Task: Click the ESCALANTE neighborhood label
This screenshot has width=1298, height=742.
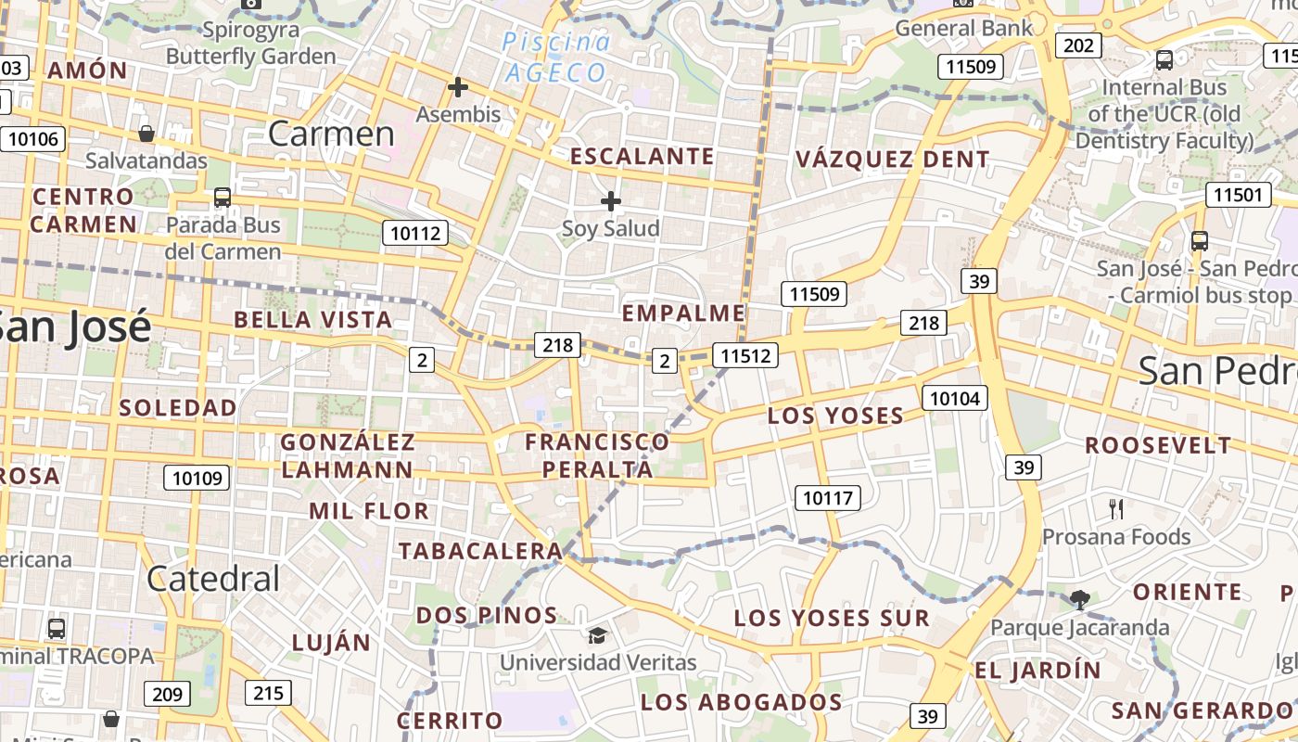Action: [642, 157]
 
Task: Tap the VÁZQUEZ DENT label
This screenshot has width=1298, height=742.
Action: [893, 160]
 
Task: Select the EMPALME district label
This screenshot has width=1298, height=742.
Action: [683, 313]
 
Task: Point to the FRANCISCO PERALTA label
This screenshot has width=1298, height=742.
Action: [597, 455]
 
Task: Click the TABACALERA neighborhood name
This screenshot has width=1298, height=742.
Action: [480, 551]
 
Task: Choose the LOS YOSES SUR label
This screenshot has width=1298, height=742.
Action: [831, 618]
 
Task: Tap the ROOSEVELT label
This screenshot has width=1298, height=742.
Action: [1158, 445]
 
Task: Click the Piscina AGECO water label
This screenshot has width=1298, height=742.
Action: [556, 58]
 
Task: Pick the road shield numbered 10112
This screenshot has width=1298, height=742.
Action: [415, 233]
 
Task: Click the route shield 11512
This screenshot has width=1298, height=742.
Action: [744, 354]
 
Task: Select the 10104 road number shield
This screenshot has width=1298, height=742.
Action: [954, 399]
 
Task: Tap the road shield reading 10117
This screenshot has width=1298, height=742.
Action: [827, 498]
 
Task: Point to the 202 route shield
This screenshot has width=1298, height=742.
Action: [1078, 45]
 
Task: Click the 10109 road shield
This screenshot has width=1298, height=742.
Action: [197, 479]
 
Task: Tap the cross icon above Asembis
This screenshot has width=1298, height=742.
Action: [458, 88]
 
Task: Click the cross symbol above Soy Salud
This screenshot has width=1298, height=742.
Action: [611, 201]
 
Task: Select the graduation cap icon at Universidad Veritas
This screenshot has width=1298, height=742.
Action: [597, 635]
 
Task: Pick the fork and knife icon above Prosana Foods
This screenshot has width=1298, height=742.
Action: [1116, 508]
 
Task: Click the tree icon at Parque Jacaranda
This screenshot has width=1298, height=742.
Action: [1079, 599]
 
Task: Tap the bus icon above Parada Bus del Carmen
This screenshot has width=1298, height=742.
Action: [223, 197]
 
